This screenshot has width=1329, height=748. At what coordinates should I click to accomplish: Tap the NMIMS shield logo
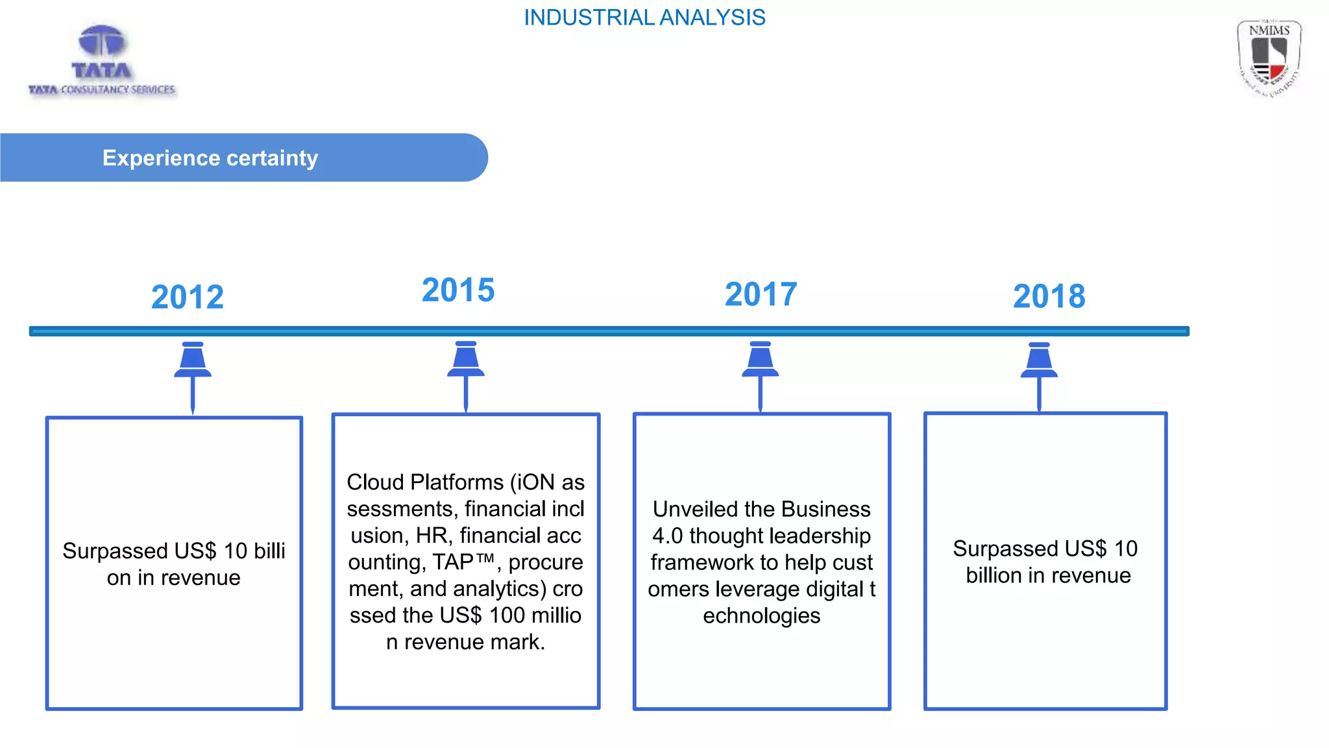point(1269,58)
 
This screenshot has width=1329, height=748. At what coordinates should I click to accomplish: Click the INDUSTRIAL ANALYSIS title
point(644,18)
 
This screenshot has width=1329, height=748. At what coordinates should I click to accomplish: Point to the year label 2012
point(188,297)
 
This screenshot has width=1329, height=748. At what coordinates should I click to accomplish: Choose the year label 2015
point(458,290)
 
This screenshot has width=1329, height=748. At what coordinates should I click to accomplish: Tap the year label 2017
point(761,294)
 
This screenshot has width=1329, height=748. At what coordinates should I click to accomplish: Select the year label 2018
point(1049,297)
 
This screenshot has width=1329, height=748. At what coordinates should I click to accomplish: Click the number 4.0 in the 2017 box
point(667,536)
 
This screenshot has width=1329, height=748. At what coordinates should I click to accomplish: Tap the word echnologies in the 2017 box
point(761,616)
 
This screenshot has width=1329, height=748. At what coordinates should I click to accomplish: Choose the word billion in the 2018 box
point(993,576)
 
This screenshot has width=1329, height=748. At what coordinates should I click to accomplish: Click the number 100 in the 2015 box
point(507,616)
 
